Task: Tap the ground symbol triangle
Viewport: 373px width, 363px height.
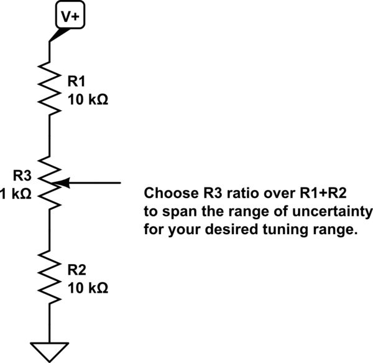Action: point(49,351)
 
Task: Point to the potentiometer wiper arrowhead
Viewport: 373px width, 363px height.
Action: point(65,183)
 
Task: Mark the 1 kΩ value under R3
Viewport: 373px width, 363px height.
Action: point(15,194)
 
